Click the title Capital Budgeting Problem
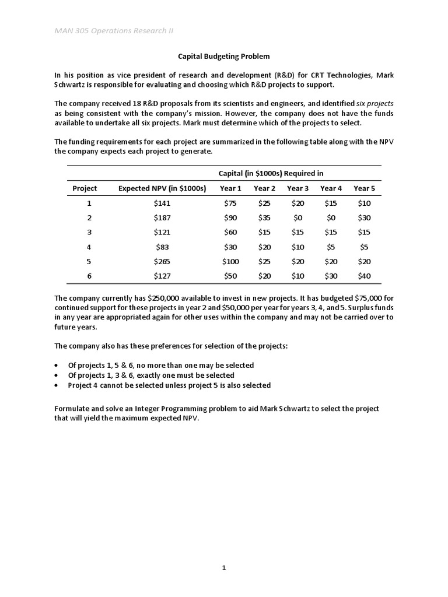point(224,57)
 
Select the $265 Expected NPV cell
point(162,261)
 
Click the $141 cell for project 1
point(162,203)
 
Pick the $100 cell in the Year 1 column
point(230,261)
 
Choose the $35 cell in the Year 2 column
point(264,217)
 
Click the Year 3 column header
point(297,188)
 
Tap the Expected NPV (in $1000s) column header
point(162,188)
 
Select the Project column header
point(85,188)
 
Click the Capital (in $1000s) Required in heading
point(271,173)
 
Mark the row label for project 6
point(89,276)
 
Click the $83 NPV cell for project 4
point(162,247)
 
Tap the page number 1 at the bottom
point(224,568)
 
